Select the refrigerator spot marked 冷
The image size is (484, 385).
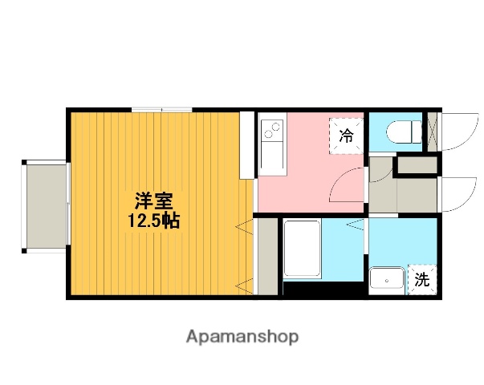click(x=346, y=136)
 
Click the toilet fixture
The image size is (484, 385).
click(x=401, y=131)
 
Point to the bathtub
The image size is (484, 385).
click(x=303, y=249)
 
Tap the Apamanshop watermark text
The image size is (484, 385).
click(x=242, y=337)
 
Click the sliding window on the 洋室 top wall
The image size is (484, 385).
click(x=162, y=108)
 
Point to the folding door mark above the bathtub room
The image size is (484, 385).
click(x=354, y=226)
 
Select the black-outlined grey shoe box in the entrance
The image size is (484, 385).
click(x=417, y=167)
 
